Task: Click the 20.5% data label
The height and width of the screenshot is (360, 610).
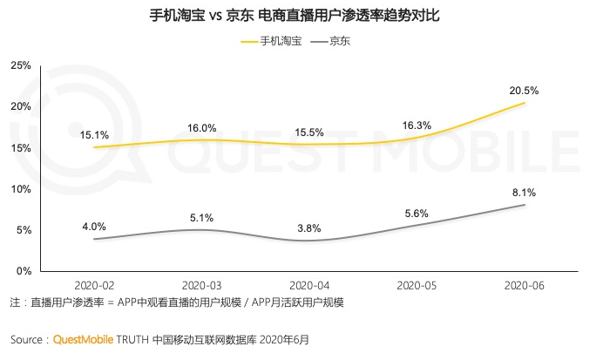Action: [525, 90]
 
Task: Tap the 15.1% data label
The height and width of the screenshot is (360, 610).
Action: [94, 134]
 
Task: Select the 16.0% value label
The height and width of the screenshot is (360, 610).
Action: [202, 126]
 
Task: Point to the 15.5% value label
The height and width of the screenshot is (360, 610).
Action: [309, 132]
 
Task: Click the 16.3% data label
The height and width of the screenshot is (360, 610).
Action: [417, 125]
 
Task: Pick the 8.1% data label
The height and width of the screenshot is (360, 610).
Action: [525, 192]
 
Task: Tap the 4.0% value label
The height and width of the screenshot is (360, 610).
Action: [94, 226]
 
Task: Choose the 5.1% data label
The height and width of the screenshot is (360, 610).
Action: [202, 216]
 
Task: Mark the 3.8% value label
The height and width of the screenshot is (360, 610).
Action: [309, 228]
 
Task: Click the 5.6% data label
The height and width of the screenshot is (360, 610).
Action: [417, 212]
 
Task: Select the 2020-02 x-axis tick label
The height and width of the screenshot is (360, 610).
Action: [94, 284]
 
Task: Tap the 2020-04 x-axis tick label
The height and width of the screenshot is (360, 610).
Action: [309, 284]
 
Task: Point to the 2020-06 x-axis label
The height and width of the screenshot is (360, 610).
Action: [525, 284]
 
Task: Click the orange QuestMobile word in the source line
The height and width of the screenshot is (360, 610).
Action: [84, 339]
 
